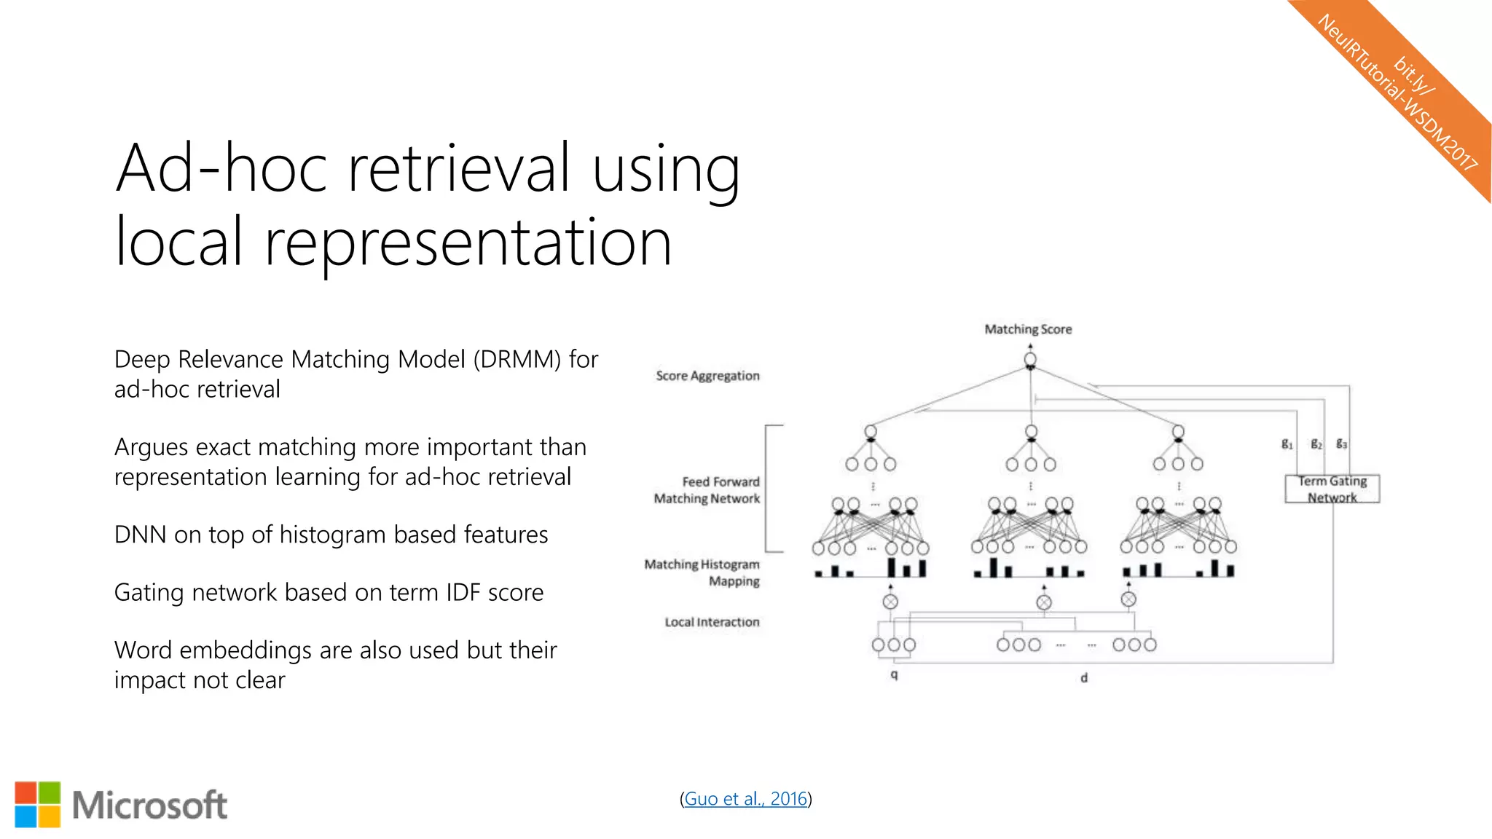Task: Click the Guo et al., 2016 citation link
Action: coord(745,799)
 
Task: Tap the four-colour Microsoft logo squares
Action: coord(38,805)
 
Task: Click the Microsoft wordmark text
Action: coord(149,805)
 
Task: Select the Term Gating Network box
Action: coord(1332,489)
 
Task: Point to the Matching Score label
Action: coord(1028,329)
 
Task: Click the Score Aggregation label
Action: coord(707,376)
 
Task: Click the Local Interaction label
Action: coord(712,622)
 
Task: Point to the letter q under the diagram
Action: coord(894,675)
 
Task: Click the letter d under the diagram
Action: coord(1083,678)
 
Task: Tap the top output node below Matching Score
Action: coord(1030,359)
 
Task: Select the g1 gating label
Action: coord(1287,444)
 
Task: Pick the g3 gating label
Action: coord(1341,444)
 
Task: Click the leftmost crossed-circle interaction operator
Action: coord(890,602)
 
